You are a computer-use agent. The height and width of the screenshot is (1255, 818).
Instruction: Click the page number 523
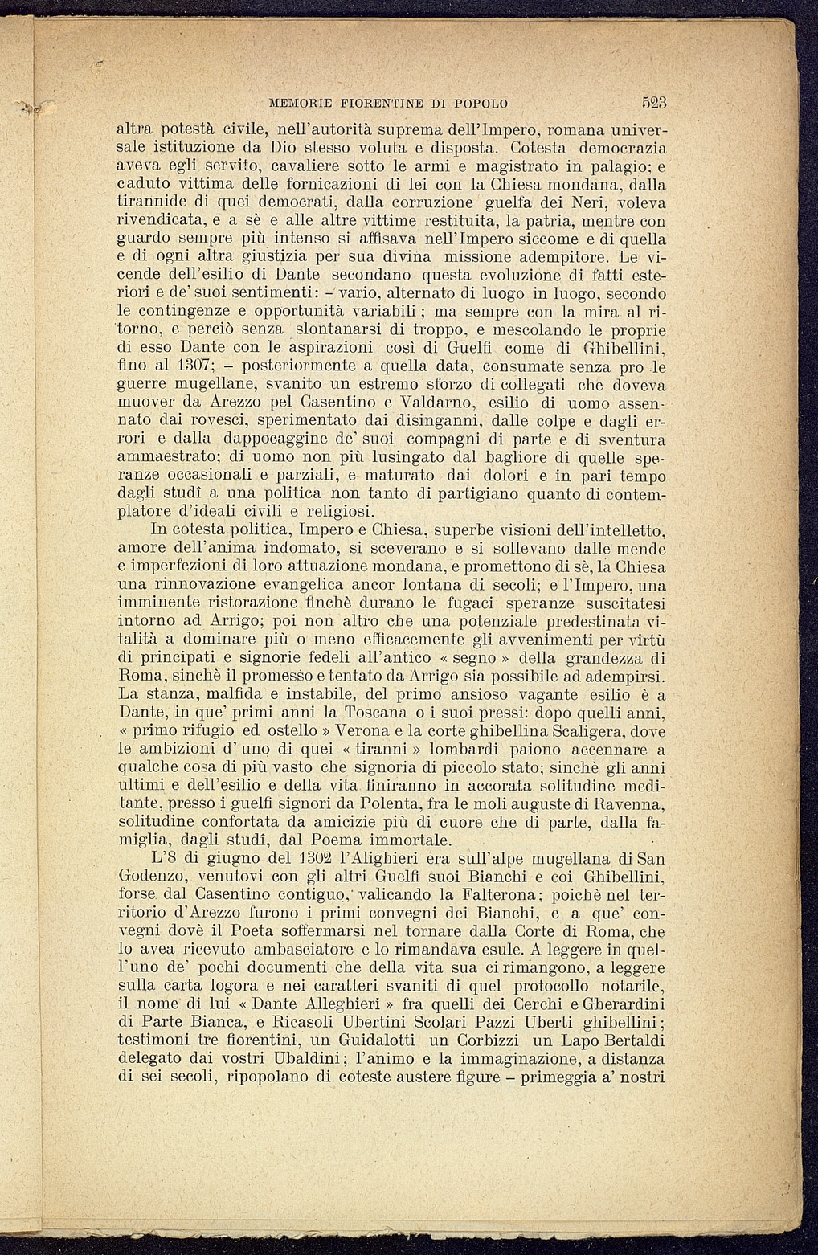pos(656,103)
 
